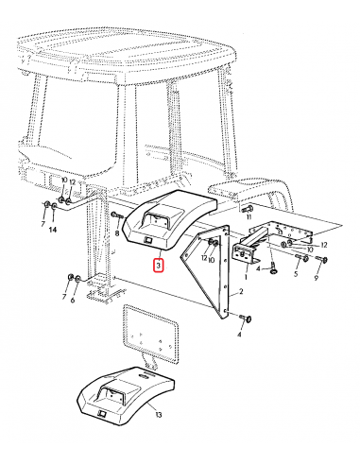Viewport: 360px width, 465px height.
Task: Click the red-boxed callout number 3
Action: (x=159, y=265)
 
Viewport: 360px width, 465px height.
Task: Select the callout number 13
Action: (x=159, y=414)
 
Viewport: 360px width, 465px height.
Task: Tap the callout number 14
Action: (x=53, y=230)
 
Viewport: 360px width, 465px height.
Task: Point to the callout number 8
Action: (x=117, y=233)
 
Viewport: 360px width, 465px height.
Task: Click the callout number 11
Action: (x=249, y=216)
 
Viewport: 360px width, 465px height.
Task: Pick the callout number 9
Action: (x=317, y=278)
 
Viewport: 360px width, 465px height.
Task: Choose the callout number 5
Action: (x=296, y=274)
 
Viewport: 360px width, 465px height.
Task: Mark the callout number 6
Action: (x=73, y=300)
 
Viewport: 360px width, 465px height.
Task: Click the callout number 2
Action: (x=241, y=292)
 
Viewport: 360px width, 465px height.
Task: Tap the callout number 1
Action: (x=246, y=277)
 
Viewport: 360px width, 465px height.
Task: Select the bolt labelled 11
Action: (x=248, y=208)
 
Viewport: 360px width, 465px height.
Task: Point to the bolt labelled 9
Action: (x=321, y=259)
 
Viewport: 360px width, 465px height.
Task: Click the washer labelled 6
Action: (x=77, y=278)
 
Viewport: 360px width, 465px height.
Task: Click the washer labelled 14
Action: (x=54, y=206)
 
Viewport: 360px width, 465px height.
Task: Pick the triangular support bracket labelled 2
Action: (x=209, y=272)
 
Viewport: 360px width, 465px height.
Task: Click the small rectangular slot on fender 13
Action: (x=102, y=413)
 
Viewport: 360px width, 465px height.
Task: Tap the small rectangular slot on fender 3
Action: (x=147, y=240)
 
